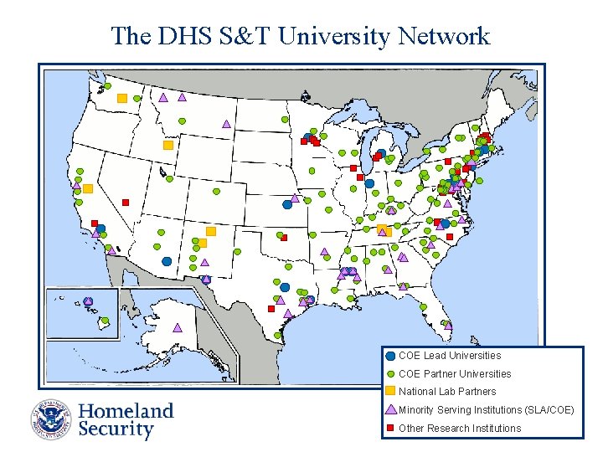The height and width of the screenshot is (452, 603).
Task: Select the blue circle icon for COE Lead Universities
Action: [x=390, y=356]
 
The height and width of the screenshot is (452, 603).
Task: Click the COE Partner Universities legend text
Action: [x=454, y=374]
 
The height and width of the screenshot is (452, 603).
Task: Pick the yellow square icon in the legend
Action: [x=390, y=392]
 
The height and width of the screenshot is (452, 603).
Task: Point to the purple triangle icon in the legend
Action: [x=390, y=410]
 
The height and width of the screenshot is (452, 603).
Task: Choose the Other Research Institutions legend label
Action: [x=459, y=429]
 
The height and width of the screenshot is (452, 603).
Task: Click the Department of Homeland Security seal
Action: [x=52, y=419]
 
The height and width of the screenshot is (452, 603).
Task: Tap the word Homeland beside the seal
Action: [x=126, y=411]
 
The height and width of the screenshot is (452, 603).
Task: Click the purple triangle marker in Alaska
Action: [x=177, y=327]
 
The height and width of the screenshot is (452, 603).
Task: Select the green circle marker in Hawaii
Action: [x=106, y=320]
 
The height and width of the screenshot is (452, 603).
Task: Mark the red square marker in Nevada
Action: [x=126, y=202]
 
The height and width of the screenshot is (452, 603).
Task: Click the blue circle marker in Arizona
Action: [x=167, y=261]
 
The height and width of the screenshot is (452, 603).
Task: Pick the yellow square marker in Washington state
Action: [x=122, y=98]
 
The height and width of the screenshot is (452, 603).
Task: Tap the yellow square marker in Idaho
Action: [x=167, y=145]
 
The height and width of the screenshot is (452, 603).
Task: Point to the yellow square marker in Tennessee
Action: [x=383, y=229]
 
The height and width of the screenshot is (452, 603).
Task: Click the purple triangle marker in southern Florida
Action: [x=404, y=286]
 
